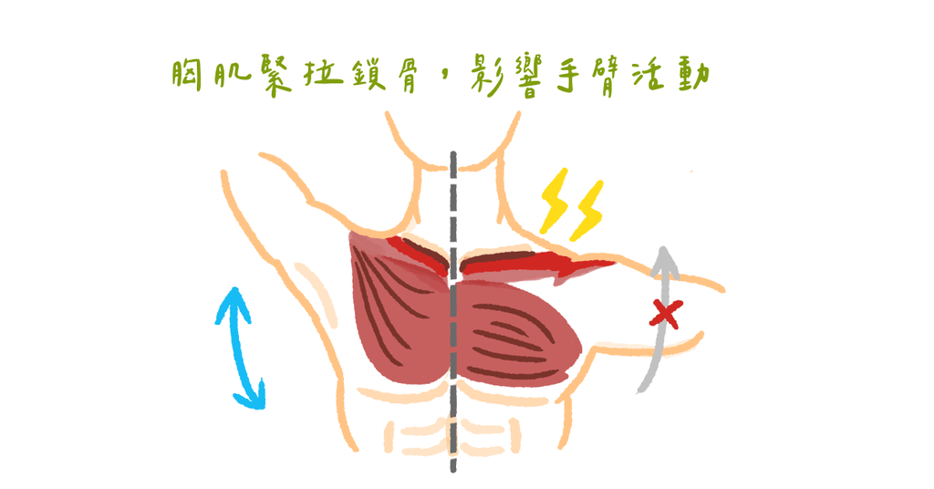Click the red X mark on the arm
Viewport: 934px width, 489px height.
click(665, 314)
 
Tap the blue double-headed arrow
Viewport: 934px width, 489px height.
click(240, 349)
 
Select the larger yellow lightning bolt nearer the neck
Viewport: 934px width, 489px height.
click(555, 200)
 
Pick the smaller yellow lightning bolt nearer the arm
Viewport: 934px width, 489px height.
click(587, 210)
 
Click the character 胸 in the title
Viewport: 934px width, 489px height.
click(186, 76)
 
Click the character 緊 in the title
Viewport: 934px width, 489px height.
click(275, 77)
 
